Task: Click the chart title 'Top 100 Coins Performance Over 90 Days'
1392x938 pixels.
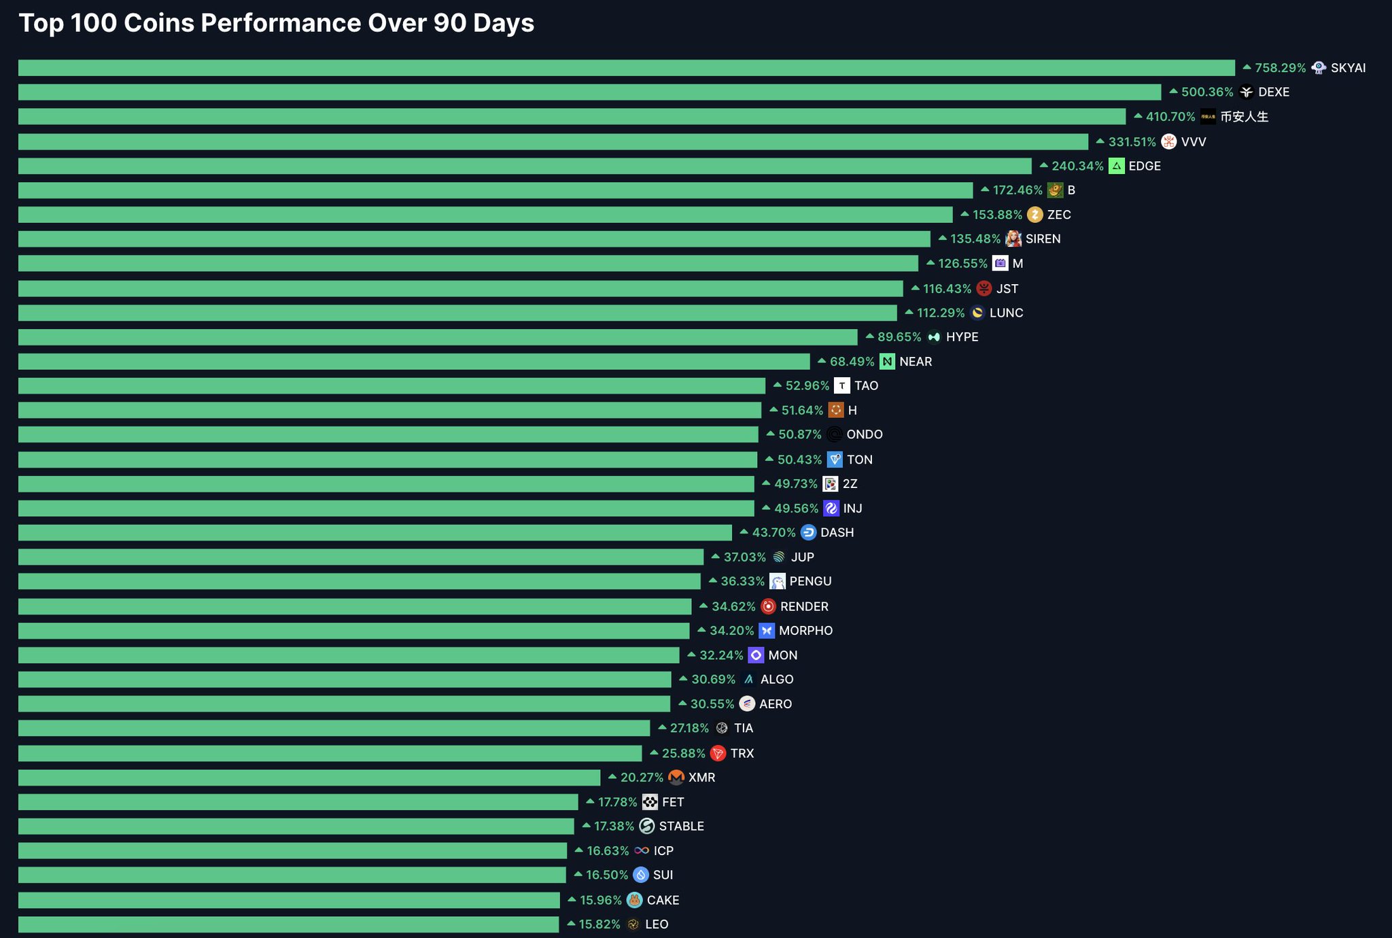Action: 277,24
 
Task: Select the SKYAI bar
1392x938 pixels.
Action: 627,68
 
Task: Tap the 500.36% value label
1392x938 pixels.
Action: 1207,92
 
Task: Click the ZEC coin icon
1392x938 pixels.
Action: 1034,215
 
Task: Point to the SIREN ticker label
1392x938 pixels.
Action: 1043,239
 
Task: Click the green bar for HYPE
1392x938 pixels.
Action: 438,337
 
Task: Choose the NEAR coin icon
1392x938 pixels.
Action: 887,362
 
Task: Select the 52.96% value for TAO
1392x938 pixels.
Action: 807,386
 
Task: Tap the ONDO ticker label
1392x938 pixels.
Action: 865,434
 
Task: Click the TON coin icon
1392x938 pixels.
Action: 835,459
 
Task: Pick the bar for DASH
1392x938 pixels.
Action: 375,533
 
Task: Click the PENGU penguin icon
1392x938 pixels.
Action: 778,582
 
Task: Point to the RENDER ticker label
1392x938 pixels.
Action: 804,606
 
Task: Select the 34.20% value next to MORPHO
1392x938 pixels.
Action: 731,631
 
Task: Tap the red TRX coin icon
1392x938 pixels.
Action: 718,753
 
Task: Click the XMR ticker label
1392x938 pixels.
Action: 701,778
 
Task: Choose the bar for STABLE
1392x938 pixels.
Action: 296,827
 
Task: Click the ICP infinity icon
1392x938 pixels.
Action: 641,850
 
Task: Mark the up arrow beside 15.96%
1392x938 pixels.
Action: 572,899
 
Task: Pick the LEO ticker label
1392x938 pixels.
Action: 657,924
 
